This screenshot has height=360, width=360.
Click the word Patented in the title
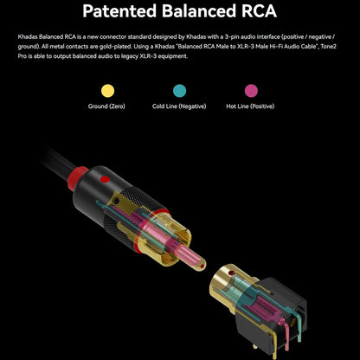(119, 11)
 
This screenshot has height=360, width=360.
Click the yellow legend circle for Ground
(107, 91)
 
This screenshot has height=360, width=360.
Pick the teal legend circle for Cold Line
(179, 91)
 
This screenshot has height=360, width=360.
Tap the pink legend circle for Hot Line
(251, 91)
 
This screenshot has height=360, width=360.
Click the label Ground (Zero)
(106, 106)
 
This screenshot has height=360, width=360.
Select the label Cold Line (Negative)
(179, 106)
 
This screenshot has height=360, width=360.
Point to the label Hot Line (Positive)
(250, 106)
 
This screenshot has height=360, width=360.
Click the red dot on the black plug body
(105, 179)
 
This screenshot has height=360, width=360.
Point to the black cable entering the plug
(58, 160)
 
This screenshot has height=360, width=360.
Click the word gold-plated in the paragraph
(117, 47)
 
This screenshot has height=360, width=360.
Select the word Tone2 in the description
(329, 47)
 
